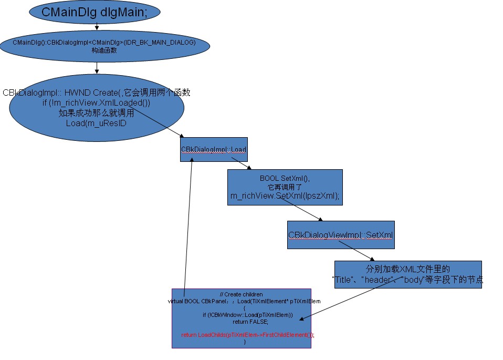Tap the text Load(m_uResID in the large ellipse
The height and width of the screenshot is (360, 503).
click(x=96, y=123)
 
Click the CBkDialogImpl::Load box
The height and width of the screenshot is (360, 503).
click(x=214, y=150)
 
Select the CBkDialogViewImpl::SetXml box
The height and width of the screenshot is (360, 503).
click(x=341, y=234)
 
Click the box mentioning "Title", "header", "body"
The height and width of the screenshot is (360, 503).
click(x=407, y=274)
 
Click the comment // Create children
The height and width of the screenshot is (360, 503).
click(x=241, y=294)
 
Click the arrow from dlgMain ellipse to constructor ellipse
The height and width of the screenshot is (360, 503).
click(x=97, y=26)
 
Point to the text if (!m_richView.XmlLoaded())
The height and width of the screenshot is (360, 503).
click(x=96, y=103)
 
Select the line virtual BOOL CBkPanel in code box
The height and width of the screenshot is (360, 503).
click(x=244, y=301)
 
